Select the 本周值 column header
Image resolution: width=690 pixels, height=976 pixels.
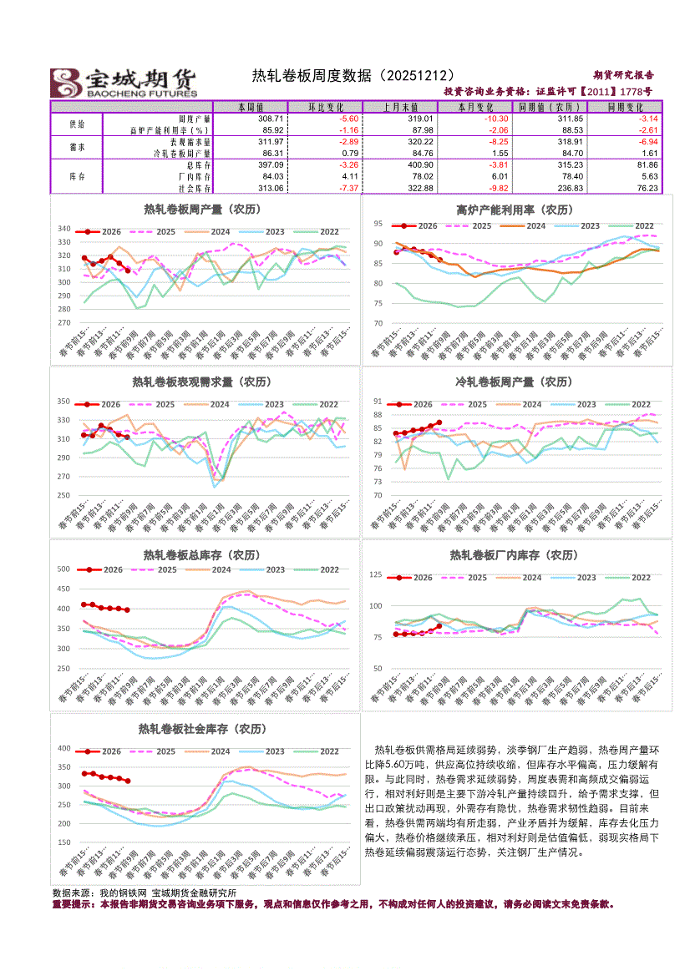click(251, 107)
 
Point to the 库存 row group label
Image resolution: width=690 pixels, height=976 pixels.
click(76, 176)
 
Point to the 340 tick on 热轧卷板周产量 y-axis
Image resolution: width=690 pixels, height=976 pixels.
click(63, 229)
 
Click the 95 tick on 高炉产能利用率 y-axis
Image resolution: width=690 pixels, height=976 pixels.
click(378, 224)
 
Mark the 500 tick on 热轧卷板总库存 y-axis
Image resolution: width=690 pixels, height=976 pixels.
click(63, 569)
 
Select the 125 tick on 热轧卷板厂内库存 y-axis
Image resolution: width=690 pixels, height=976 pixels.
click(376, 574)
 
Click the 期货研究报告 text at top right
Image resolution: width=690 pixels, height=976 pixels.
click(623, 75)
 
